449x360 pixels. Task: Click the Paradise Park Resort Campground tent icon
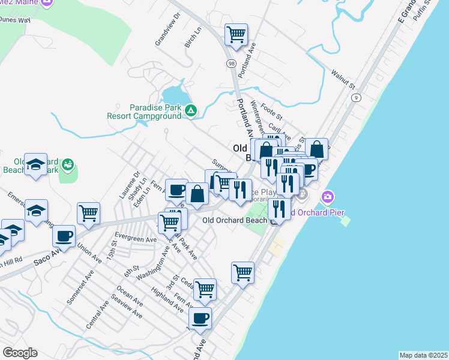click(191, 110)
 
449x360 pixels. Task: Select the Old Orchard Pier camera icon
click(327, 196)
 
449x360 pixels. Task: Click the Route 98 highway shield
click(231, 63)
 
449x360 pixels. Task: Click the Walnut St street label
click(343, 80)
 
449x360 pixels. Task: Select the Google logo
click(20, 353)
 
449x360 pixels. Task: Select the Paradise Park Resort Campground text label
click(144, 111)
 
